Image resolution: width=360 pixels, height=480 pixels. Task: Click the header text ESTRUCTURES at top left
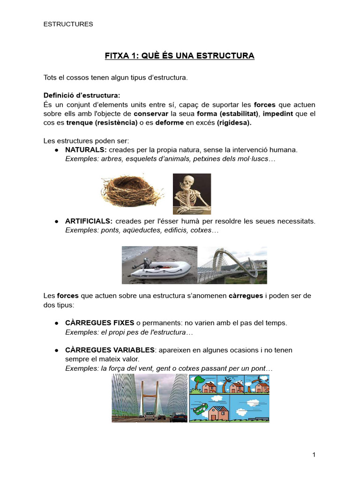68,24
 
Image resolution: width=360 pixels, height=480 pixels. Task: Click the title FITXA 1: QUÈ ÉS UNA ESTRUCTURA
179,56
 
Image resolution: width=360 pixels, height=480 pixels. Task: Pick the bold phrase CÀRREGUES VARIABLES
110,350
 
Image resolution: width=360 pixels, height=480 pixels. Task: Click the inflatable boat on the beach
162,269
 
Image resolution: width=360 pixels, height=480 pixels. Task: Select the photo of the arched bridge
232,265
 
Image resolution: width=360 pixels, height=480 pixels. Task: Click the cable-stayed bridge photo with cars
149,398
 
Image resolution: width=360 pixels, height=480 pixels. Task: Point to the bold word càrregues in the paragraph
246,296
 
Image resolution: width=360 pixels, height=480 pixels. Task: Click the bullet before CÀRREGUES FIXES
56,323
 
